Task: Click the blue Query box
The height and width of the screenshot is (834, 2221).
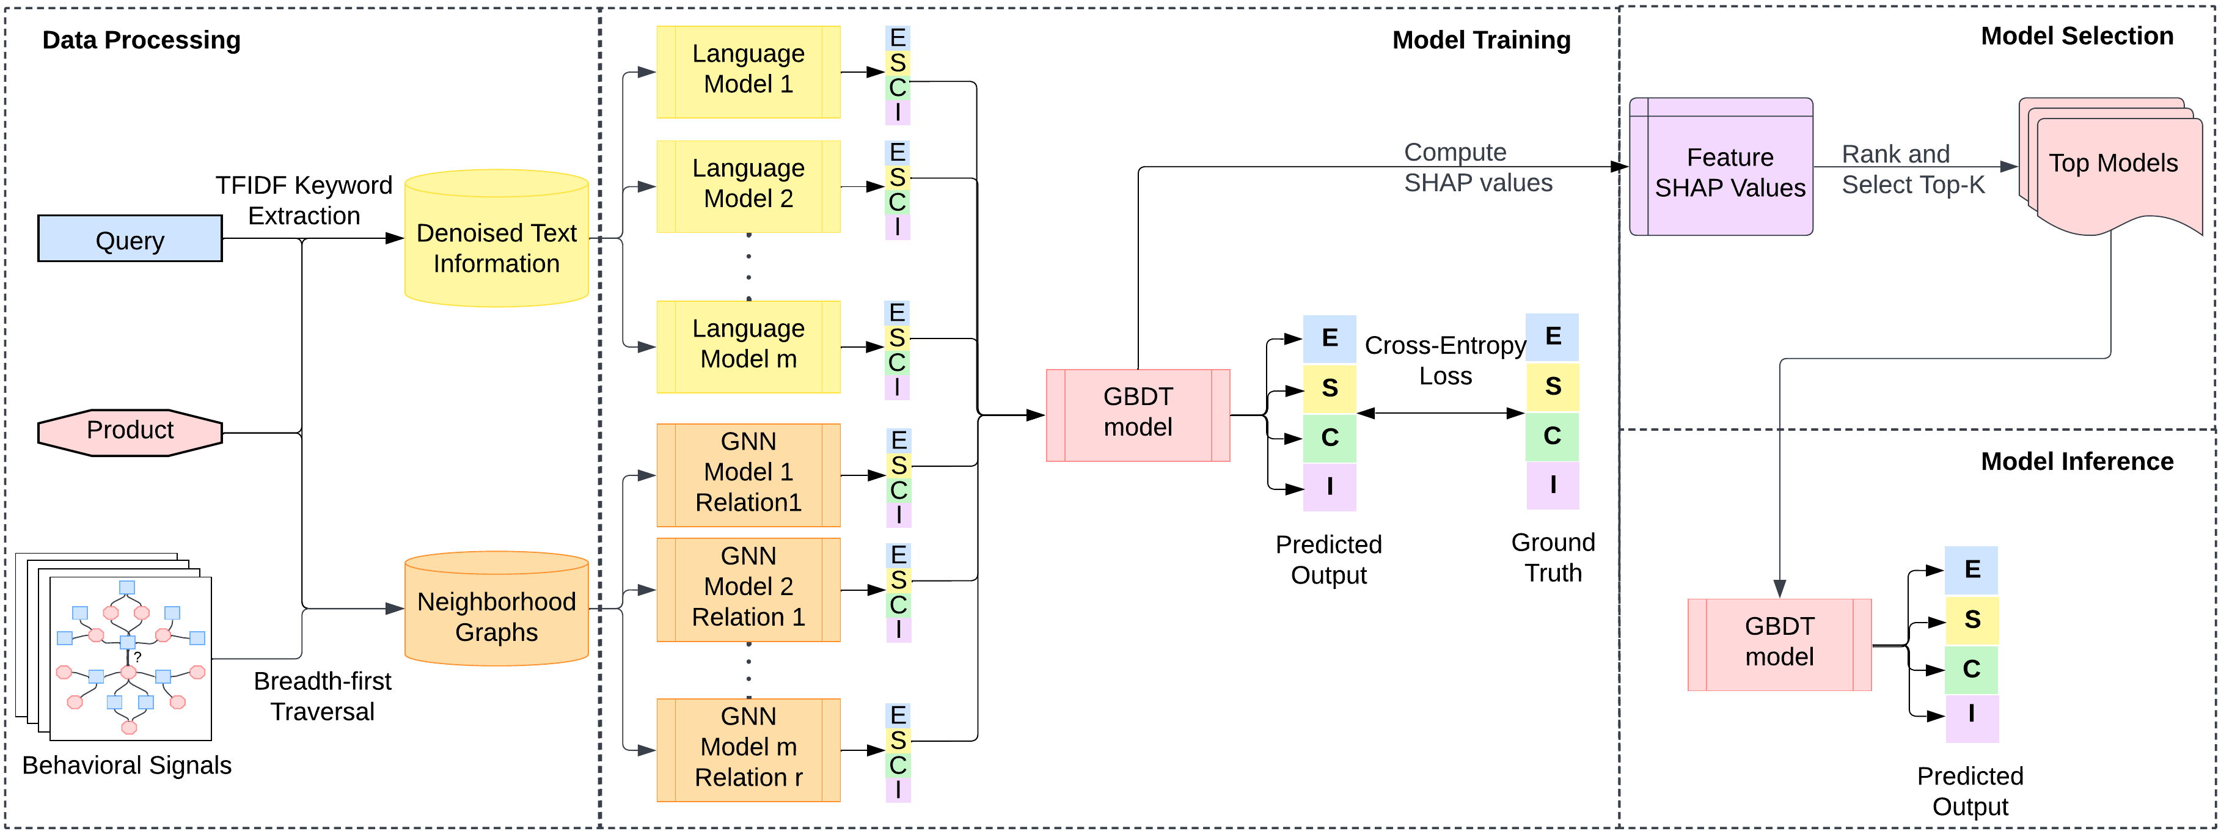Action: point(130,239)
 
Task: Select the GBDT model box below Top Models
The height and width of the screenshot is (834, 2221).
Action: point(1779,643)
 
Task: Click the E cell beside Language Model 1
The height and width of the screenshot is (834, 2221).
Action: point(897,38)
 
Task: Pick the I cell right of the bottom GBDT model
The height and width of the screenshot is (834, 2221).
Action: point(1971,717)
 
